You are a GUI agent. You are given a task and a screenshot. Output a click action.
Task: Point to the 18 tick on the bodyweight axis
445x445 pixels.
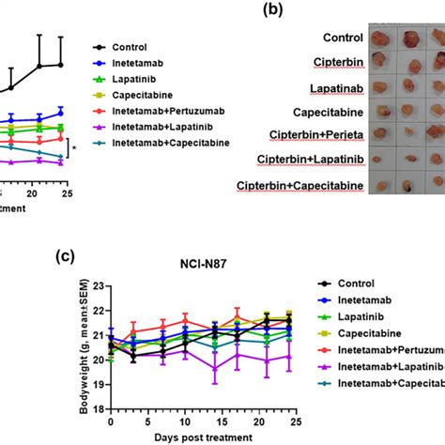click(x=100, y=418)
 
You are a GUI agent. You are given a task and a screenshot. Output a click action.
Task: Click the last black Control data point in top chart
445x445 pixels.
click(x=61, y=65)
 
